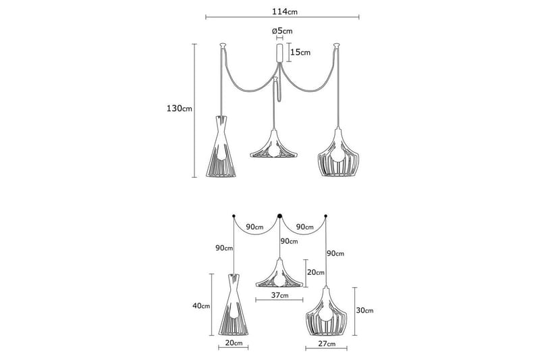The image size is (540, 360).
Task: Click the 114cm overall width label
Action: pos(282,12)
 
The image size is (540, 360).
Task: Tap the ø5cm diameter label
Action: pos(281,31)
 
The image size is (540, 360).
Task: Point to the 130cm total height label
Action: pos(180,109)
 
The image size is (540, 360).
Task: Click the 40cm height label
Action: pos(200,306)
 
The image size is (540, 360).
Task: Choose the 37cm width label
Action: pos(280,295)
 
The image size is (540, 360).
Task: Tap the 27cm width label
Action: pos(326,344)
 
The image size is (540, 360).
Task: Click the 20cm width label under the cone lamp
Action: pos(233,344)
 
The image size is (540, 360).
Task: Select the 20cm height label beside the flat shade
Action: pos(317,272)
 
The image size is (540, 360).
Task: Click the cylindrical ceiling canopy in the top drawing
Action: pos(279,53)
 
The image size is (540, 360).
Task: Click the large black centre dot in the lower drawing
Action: pos(279,216)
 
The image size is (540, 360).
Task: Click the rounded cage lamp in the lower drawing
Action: pos(326,311)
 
